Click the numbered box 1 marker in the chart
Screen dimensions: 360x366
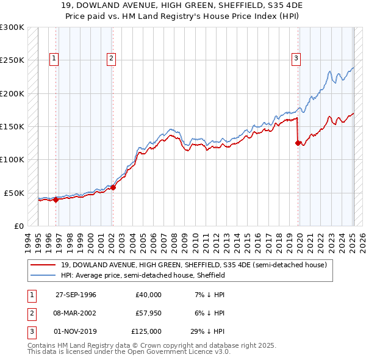point(54,59)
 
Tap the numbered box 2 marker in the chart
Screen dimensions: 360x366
point(112,59)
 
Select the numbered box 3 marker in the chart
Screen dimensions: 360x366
point(296,59)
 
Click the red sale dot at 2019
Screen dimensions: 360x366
point(298,143)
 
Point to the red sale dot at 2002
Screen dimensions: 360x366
point(113,187)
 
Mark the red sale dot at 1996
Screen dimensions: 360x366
point(56,199)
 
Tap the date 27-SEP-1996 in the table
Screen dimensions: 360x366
point(76,295)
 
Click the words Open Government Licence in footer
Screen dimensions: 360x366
point(168,352)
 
